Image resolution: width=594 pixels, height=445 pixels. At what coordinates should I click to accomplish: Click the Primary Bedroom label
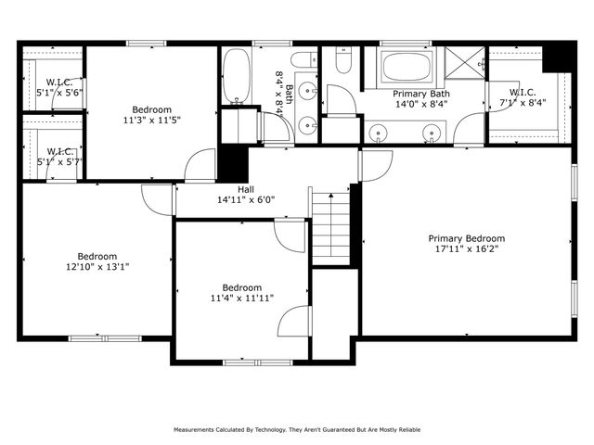[466, 236]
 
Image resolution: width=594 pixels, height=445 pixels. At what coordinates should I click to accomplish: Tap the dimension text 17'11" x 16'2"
[466, 248]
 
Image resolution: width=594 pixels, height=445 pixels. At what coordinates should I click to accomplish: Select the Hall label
[246, 188]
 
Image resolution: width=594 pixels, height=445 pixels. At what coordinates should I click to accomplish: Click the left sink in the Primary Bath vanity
[378, 133]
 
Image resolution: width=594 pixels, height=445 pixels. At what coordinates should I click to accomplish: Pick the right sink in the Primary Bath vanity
[433, 133]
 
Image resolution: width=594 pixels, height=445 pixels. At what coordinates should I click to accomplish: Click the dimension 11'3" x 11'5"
[152, 120]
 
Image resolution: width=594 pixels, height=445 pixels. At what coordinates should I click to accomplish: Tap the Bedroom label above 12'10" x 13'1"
[97, 257]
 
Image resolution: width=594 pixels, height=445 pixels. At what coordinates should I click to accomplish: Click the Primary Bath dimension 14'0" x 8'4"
[421, 105]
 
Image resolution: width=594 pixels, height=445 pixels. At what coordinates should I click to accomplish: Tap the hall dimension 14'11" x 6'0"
[246, 199]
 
